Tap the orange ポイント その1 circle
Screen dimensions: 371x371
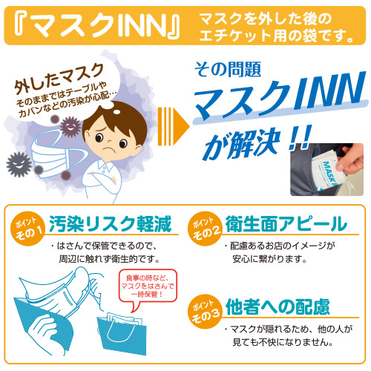point(27,228)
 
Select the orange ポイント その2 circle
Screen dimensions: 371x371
point(205,228)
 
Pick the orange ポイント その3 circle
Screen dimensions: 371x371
point(205,311)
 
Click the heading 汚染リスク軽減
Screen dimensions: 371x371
point(111,223)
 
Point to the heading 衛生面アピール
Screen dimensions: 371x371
point(286,223)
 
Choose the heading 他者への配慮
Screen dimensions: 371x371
point(278,306)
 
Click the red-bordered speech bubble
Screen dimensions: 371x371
point(148,287)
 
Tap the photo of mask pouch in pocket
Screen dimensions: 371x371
point(326,169)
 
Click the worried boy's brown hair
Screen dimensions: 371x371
point(116,121)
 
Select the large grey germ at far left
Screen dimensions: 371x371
point(19,164)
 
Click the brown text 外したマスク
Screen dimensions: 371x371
point(59,79)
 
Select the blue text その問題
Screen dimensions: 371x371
point(228,69)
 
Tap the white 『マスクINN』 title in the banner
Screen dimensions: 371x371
point(97,25)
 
